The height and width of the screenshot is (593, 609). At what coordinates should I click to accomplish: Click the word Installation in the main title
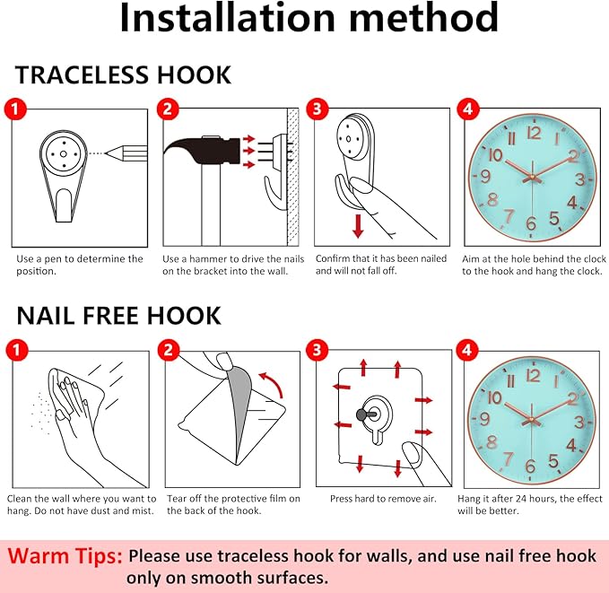[x=227, y=18]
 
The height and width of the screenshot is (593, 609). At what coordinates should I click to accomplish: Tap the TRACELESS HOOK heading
[x=123, y=75]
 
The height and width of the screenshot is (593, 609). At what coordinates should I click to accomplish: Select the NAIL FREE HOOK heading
[x=119, y=315]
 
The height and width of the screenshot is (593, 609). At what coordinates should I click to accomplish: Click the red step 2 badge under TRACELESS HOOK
[x=168, y=109]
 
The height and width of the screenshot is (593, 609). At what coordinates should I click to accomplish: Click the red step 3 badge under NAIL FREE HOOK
[x=318, y=350]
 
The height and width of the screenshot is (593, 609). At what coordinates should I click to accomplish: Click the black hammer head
[x=203, y=150]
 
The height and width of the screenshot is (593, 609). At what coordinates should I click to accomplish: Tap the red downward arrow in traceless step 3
[x=358, y=225]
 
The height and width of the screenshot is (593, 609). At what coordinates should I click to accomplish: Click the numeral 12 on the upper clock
[x=534, y=134]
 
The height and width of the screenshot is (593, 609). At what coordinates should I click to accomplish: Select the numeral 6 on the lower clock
[x=531, y=466]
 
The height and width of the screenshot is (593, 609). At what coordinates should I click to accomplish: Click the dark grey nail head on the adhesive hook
[x=361, y=414]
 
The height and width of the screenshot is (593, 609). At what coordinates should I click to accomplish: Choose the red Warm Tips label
[x=65, y=555]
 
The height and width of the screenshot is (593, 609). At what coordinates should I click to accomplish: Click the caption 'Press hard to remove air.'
[x=383, y=499]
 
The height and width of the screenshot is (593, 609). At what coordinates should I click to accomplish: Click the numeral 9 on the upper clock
[x=485, y=176]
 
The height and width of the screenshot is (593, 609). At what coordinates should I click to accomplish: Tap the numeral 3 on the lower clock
[x=579, y=423]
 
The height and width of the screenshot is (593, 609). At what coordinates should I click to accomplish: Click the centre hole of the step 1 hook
[x=64, y=154]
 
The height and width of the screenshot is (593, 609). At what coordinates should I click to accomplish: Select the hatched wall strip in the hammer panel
[x=293, y=177]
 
